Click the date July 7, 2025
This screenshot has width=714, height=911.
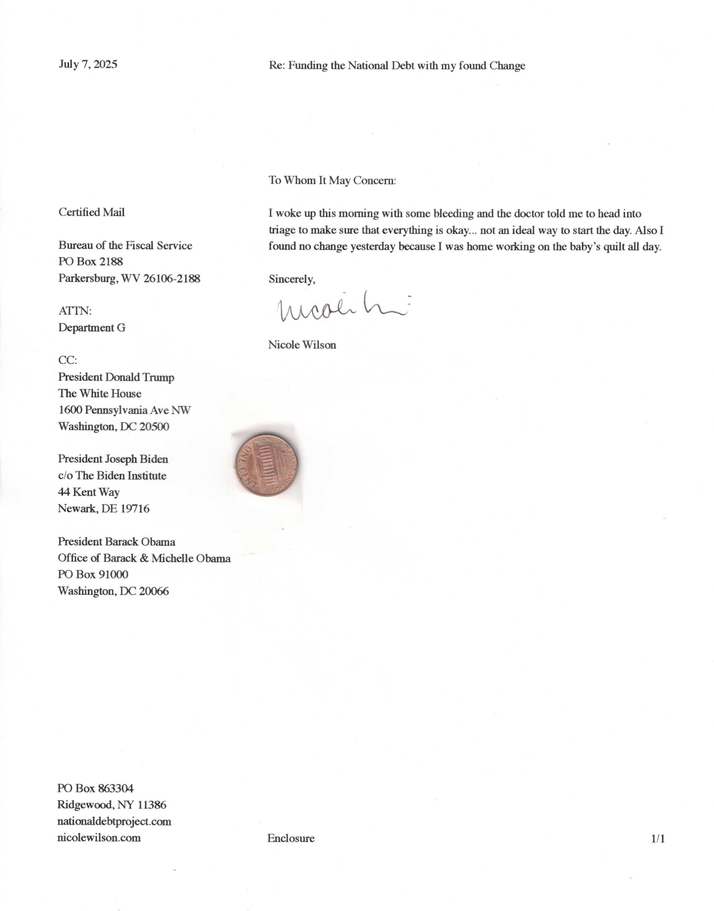pos(88,64)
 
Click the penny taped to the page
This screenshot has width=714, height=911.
pos(266,465)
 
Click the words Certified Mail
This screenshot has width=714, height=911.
pos(91,213)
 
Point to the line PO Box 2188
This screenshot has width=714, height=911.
pos(91,262)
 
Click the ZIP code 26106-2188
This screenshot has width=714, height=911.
pos(171,278)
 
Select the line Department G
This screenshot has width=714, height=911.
pos(91,328)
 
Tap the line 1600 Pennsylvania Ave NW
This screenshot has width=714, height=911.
pos(124,410)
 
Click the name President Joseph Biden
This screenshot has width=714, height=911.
pos(113,459)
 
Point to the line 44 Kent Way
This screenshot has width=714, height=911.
pos(89,492)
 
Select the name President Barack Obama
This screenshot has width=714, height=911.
pos(116,542)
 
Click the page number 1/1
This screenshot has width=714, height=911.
pos(658,838)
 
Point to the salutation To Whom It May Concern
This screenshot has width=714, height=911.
pos(332,181)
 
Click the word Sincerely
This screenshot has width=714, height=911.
pos(291,279)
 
